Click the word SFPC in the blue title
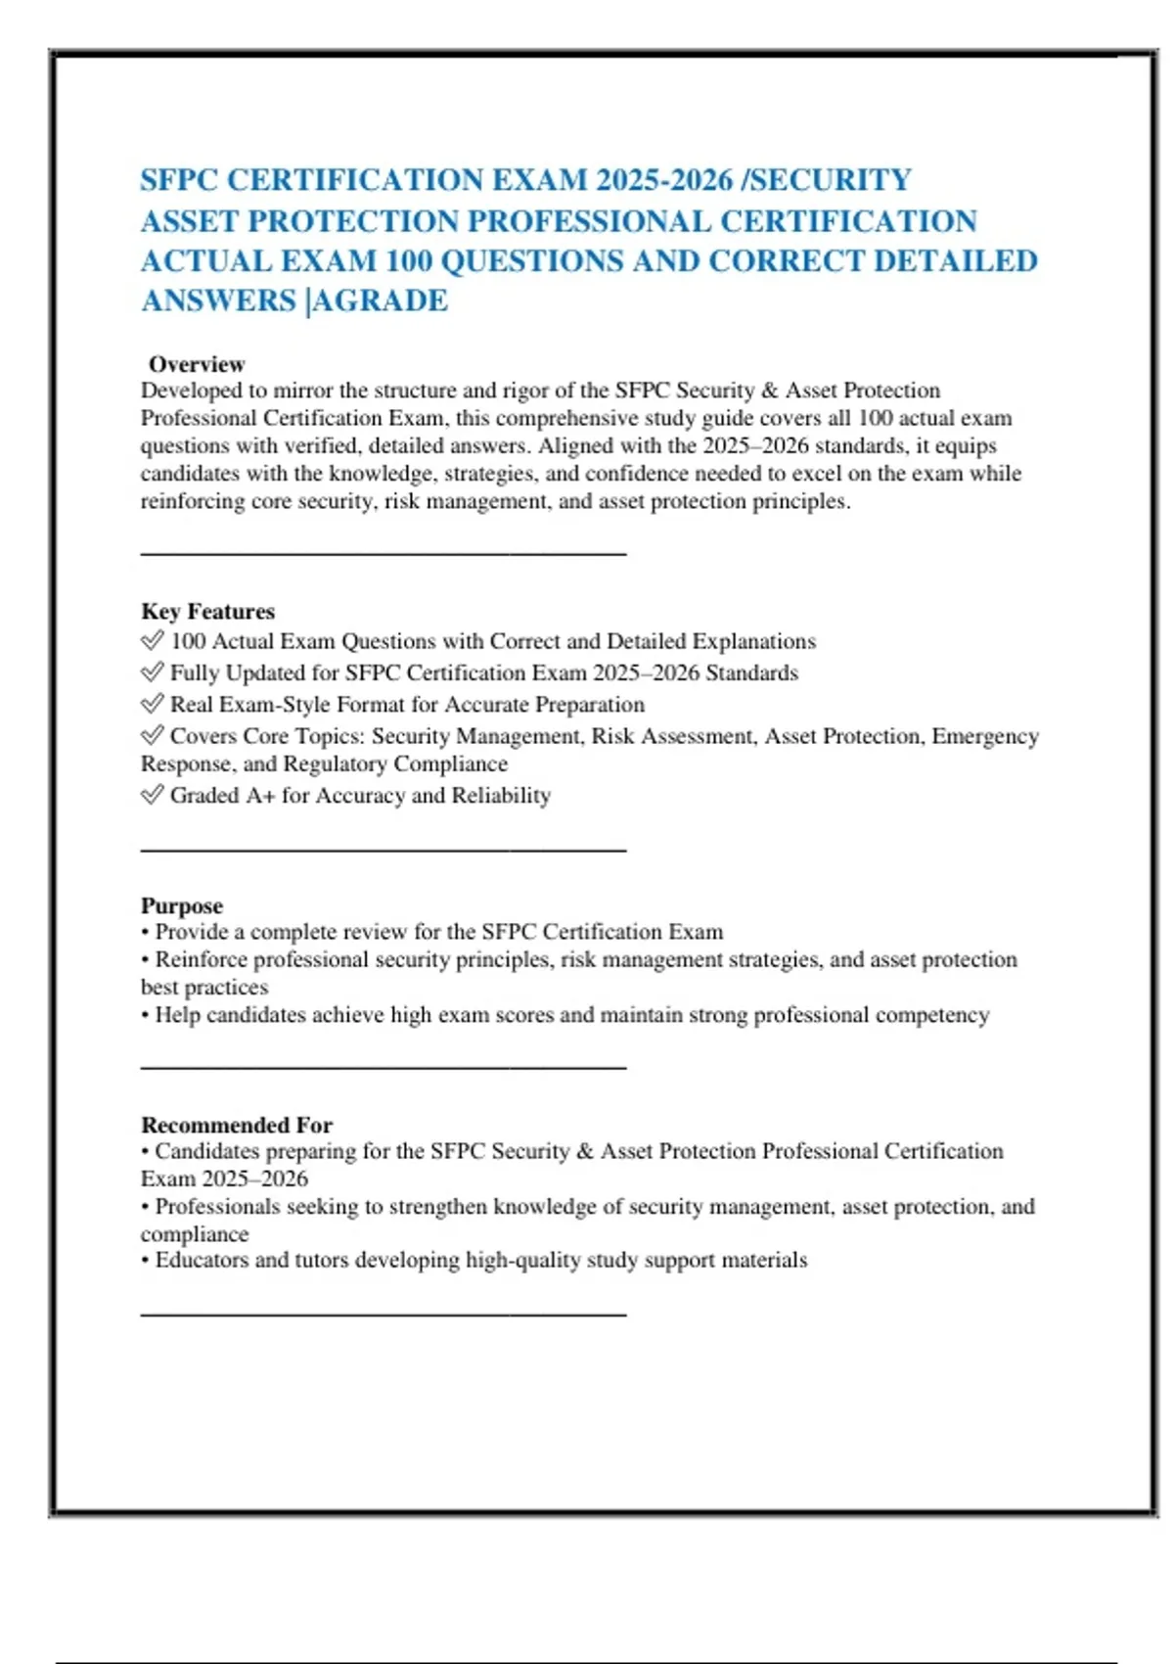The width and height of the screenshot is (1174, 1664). point(179,181)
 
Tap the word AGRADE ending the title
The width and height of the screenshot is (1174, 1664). point(381,300)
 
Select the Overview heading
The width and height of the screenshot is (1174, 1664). point(197,364)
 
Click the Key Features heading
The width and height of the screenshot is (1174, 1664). point(207,612)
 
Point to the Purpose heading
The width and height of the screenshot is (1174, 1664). point(182,905)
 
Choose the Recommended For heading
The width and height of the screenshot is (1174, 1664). point(237,1125)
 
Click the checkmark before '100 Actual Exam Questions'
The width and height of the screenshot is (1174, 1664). point(152,641)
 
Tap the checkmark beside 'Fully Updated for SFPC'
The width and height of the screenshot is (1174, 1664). point(152,672)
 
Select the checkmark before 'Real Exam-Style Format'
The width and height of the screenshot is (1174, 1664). point(152,704)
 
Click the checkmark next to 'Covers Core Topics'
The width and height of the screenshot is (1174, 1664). point(152,735)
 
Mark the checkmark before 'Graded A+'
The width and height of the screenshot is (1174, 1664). point(152,795)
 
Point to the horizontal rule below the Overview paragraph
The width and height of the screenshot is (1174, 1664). point(383,554)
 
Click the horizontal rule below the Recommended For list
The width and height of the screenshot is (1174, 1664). point(383,1315)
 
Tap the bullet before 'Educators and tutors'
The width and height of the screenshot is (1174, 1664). point(145,1261)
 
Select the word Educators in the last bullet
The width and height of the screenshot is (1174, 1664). point(202,1261)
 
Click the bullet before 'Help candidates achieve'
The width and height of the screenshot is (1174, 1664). point(145,1016)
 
